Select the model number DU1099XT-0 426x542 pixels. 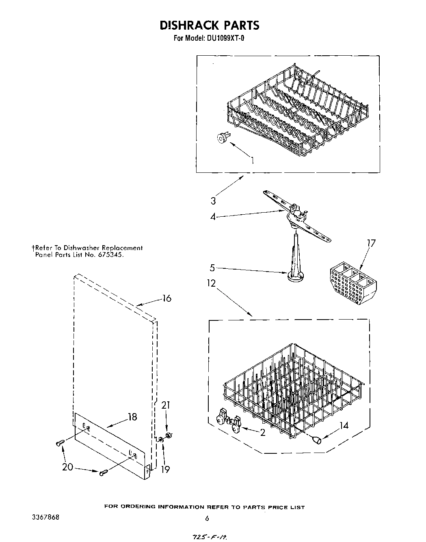[226, 39]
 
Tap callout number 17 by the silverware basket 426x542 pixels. [371, 243]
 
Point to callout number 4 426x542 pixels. [213, 217]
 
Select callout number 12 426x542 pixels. [211, 283]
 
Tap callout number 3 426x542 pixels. [213, 201]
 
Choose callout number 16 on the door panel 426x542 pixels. [167, 298]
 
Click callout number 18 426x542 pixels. [132, 417]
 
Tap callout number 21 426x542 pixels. [166, 405]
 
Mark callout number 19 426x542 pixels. [165, 469]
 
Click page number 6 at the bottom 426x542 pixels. [207, 518]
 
